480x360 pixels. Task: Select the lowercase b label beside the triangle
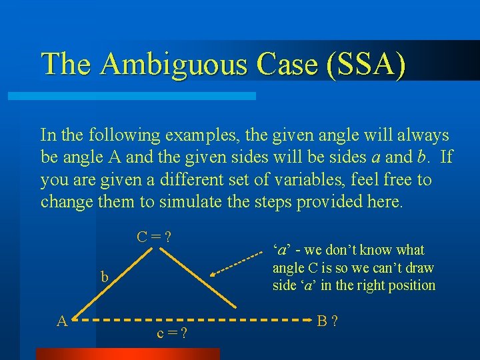point(105,277)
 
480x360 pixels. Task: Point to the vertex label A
point(62,321)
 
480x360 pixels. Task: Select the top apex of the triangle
point(155,249)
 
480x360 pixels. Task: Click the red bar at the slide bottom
point(127,354)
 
